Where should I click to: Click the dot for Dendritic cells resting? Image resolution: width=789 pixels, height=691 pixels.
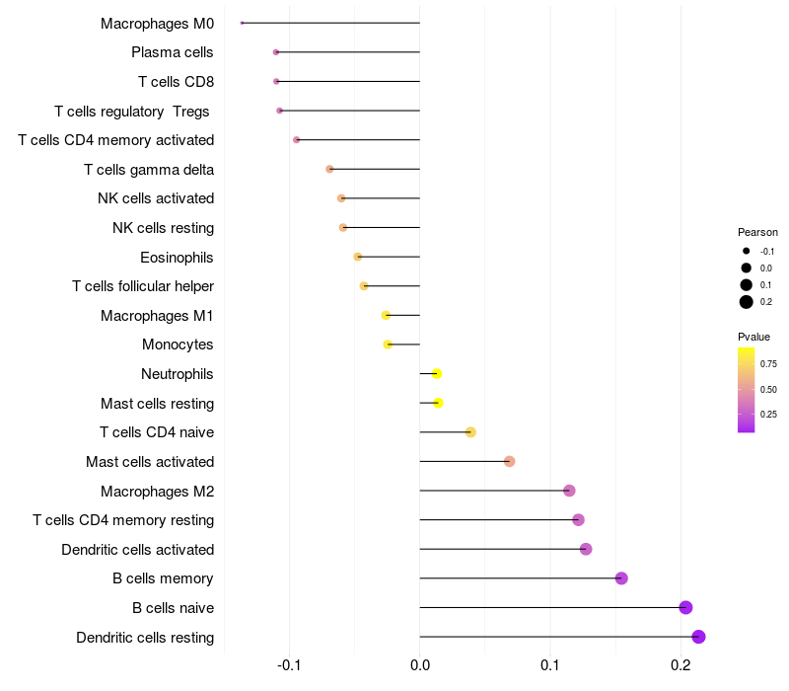pos(698,637)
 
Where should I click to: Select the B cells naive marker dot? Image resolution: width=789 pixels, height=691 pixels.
pos(685,607)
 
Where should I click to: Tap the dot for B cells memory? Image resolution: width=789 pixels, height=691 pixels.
pos(621,578)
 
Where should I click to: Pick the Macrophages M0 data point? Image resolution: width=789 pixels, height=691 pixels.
pos(242,23)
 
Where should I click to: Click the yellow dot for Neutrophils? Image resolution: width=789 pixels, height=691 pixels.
pos(436,373)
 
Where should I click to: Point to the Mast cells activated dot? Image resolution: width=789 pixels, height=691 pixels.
pos(509,461)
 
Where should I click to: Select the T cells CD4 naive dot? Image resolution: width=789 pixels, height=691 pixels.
pos(470,432)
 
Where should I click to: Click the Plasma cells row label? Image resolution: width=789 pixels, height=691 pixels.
pos(173,52)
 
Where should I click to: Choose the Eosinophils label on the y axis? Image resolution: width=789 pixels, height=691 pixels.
pos(178,258)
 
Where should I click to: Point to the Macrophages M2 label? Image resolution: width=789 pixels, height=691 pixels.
pos(158,491)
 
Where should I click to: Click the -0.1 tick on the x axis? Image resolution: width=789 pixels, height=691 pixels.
pos(289,666)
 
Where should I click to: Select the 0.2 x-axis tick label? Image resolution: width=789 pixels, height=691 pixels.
pos(681,666)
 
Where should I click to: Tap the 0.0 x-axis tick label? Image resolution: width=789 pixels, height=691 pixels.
pos(420,666)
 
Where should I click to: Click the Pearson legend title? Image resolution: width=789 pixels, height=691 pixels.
pos(757,232)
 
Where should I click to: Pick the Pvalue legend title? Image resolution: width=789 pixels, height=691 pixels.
pos(754,337)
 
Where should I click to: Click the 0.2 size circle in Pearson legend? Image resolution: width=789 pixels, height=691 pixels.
pos(747,302)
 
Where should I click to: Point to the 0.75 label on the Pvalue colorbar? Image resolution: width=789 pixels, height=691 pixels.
pos(769,363)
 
